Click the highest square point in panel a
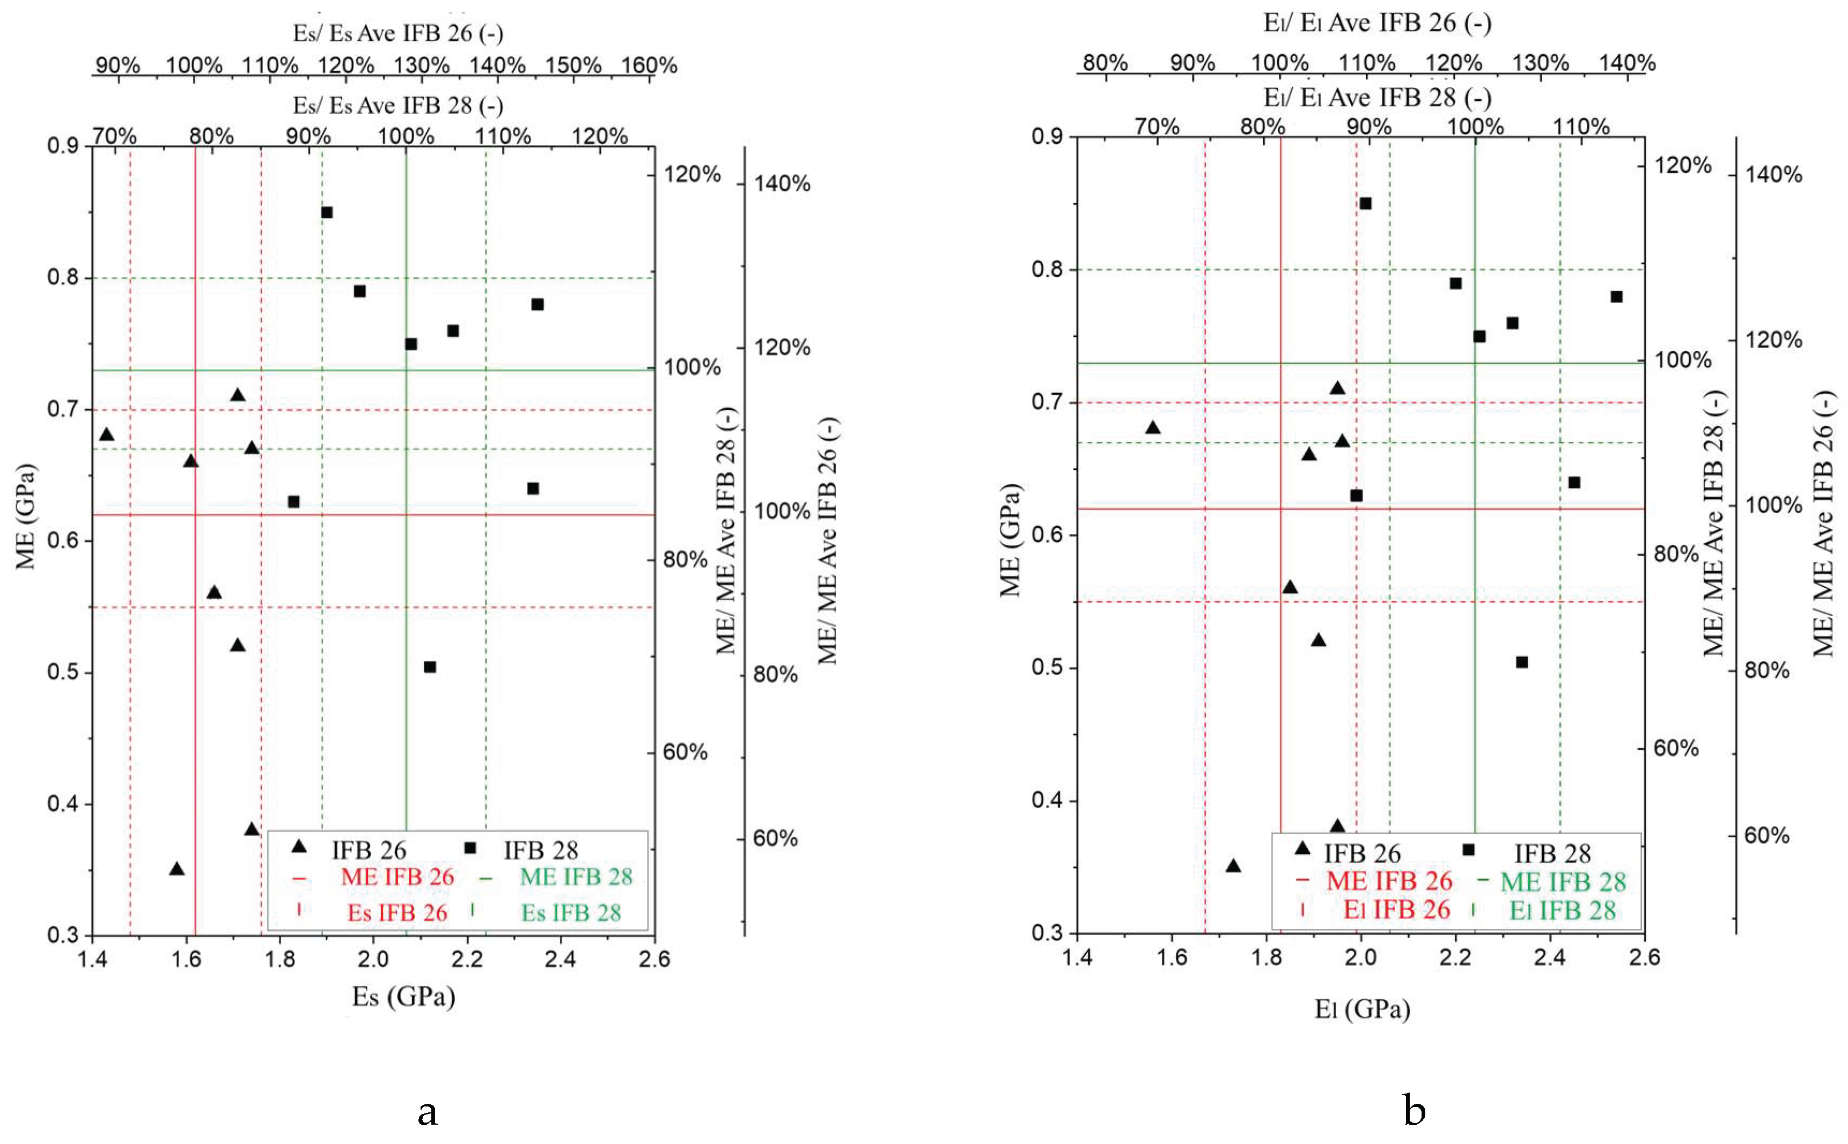[327, 212]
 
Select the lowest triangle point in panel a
[177, 869]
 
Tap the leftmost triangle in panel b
[1153, 428]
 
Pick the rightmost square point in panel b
[1616, 297]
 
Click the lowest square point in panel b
[1522, 662]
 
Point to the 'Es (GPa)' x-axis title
[403, 997]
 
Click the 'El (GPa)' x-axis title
[1362, 1008]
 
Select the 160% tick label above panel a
[649, 65]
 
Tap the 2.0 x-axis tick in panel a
[373, 960]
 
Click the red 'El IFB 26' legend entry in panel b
[1396, 910]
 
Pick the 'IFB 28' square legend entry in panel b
[1552, 853]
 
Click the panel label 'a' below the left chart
[428, 1111]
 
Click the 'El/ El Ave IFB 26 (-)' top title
[1378, 23]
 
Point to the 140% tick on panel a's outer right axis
[782, 183]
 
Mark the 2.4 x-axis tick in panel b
[1549, 958]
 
